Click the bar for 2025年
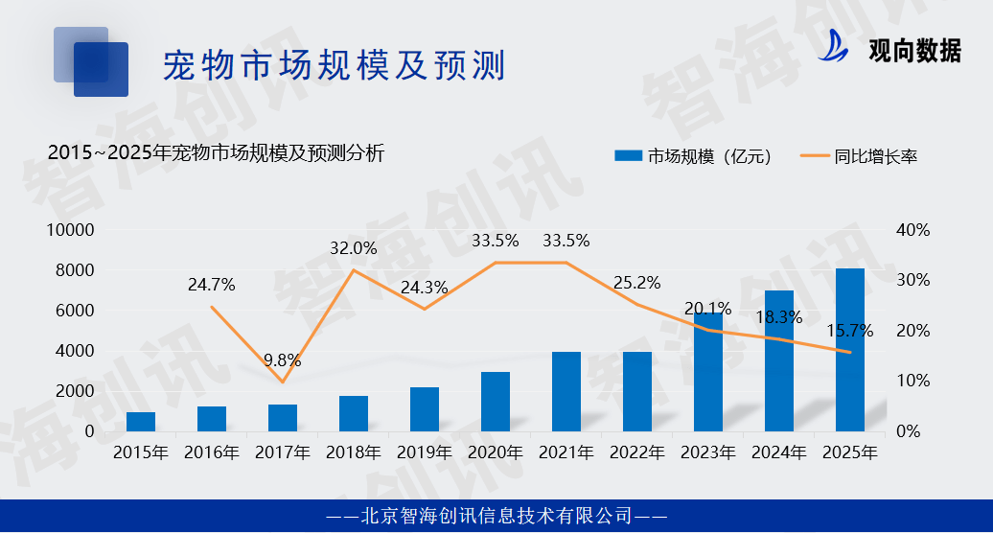pyautogui.click(x=850, y=350)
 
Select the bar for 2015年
pyautogui.click(x=141, y=422)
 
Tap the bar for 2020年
pyautogui.click(x=496, y=402)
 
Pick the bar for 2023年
pyautogui.click(x=708, y=372)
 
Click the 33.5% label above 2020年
pyautogui.click(x=495, y=241)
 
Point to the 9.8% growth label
pyautogui.click(x=282, y=360)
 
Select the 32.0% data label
pyautogui.click(x=354, y=247)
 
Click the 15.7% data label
pyautogui.click(x=850, y=331)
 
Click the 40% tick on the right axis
pyautogui.click(x=912, y=230)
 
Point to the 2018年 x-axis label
pyautogui.click(x=354, y=452)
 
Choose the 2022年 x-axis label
pyautogui.click(x=637, y=452)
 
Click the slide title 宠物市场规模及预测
pyautogui.click(x=333, y=66)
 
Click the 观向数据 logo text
pyautogui.click(x=913, y=51)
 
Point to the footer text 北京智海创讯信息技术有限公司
pyautogui.click(x=496, y=516)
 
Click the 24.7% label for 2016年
pyautogui.click(x=212, y=285)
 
